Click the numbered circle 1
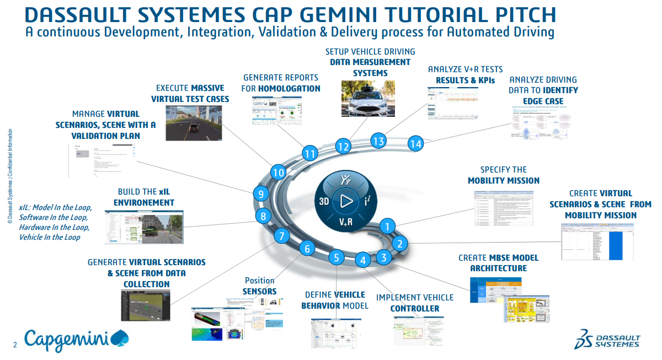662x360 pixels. pyautogui.click(x=388, y=225)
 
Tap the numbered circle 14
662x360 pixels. pyautogui.click(x=416, y=144)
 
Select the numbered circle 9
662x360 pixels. pyautogui.click(x=260, y=194)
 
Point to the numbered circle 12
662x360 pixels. pyautogui.click(x=344, y=147)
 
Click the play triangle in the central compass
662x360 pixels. pyautogui.click(x=346, y=201)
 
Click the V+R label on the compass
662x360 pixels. pyautogui.click(x=346, y=222)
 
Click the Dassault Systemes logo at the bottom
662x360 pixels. pyautogui.click(x=607, y=339)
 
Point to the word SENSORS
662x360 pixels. pyautogui.click(x=259, y=291)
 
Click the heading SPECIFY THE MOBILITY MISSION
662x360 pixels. pyautogui.click(x=503, y=175)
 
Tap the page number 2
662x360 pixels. pyautogui.click(x=15, y=346)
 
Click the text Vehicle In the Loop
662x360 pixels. pyautogui.click(x=50, y=237)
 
